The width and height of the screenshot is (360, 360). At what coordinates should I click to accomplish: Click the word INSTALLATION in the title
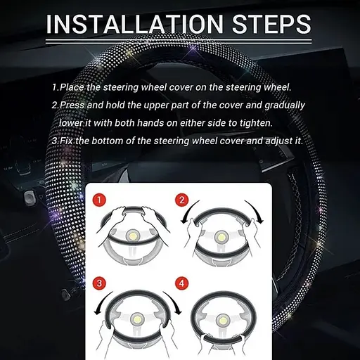[135, 24]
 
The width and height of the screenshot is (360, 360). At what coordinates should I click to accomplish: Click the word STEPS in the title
[271, 24]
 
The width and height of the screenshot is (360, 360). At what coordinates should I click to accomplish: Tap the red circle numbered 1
[99, 200]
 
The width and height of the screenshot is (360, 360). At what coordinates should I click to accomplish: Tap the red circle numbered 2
[182, 200]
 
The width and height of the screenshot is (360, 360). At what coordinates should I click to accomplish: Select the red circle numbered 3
[99, 283]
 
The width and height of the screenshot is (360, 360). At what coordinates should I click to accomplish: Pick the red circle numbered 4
[182, 283]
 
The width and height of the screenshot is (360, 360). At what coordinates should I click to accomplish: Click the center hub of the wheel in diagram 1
[134, 236]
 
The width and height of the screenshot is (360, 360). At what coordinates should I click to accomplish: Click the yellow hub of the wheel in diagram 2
[221, 237]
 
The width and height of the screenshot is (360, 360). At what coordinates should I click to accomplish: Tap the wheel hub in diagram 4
[221, 321]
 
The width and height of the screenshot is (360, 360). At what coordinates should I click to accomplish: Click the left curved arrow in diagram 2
[188, 210]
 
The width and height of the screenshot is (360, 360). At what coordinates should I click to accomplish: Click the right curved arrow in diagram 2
[256, 210]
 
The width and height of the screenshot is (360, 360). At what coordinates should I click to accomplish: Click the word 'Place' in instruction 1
[72, 87]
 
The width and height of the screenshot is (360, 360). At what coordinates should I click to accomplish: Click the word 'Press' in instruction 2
[72, 105]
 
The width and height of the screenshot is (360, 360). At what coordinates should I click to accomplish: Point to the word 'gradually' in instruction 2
[285, 105]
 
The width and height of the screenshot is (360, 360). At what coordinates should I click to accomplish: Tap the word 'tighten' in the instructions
[256, 123]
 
